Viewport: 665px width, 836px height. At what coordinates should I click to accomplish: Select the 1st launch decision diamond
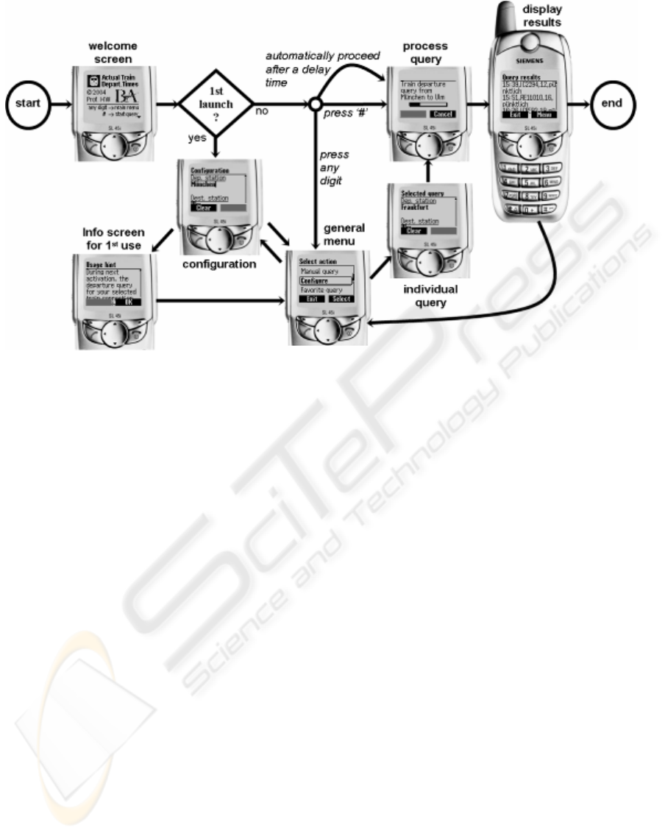pyautogui.click(x=216, y=103)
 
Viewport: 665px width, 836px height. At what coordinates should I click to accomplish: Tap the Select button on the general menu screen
pyautogui.click(x=340, y=299)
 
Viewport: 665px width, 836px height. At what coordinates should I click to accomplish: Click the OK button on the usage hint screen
pyautogui.click(x=129, y=302)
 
